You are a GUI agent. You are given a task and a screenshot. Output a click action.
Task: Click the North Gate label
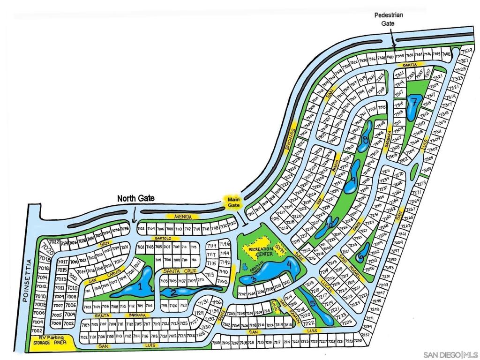coord(135,198)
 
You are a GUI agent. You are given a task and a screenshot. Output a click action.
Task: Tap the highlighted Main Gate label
coord(233,202)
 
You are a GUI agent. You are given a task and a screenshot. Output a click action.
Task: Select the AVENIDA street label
coord(182,217)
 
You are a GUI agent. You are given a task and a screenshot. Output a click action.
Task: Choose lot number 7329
coord(466,51)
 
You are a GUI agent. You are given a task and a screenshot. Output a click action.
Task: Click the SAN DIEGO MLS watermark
coord(450,354)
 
